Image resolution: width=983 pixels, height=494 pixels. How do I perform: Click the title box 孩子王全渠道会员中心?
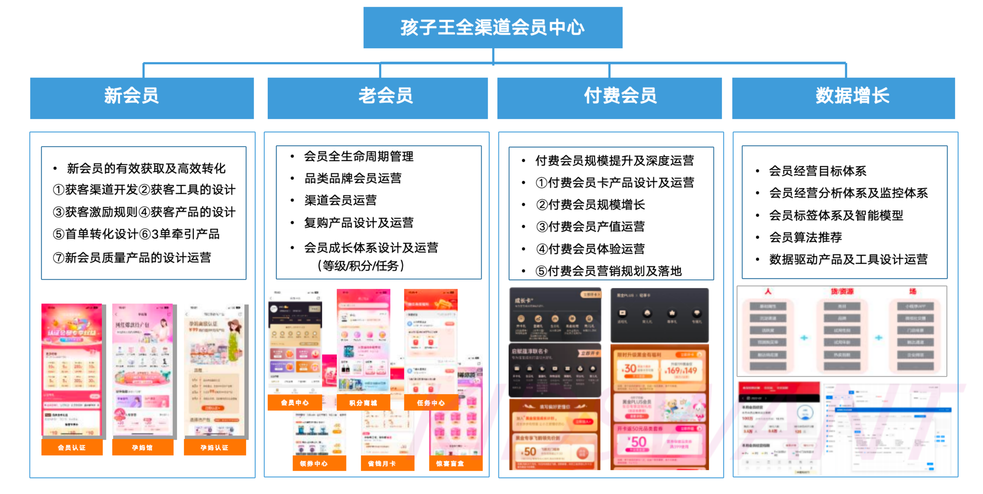pyautogui.click(x=493, y=27)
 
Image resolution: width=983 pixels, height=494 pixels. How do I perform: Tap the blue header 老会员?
pyautogui.click(x=378, y=98)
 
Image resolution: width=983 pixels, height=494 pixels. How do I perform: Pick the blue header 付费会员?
pyautogui.click(x=609, y=98)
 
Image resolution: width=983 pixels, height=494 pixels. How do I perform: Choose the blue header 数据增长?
pyautogui.click(x=843, y=98)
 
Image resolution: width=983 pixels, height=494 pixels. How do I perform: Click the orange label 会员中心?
pyautogui.click(x=295, y=402)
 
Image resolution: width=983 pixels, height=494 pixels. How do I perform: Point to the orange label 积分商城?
pyautogui.click(x=363, y=402)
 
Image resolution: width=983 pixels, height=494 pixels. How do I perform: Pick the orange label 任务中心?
pyautogui.click(x=431, y=402)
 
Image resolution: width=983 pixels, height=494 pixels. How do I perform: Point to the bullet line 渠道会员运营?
pyautogui.click(x=340, y=200)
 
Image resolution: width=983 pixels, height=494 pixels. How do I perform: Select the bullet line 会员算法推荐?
pyautogui.click(x=805, y=237)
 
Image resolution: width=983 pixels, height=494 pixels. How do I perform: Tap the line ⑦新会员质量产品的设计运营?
pyautogui.click(x=132, y=258)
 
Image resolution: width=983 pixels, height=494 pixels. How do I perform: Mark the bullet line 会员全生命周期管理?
pyautogui.click(x=358, y=156)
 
